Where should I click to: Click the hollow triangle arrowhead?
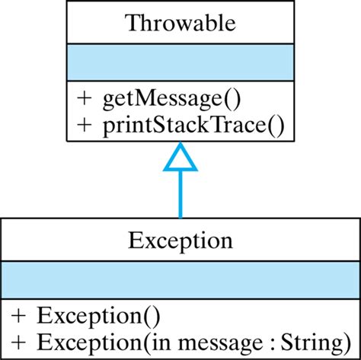pos(180,158)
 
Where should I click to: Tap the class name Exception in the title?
pos(180,241)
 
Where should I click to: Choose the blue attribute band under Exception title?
pos(180,279)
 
